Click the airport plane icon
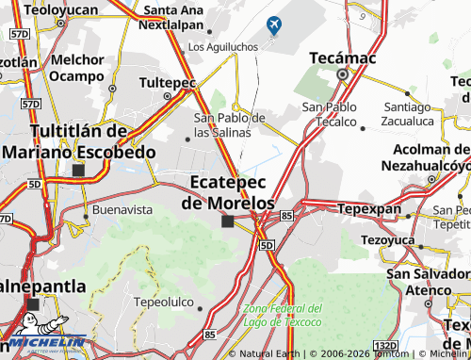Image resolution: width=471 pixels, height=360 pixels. tap(274, 25)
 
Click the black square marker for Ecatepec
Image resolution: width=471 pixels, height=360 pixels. tap(227, 222)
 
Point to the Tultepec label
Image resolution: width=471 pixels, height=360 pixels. tap(167, 83)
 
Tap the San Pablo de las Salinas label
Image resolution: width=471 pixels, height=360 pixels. tap(230, 124)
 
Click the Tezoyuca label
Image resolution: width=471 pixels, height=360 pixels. tap(389, 239)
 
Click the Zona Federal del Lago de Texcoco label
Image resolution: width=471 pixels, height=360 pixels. tap(283, 315)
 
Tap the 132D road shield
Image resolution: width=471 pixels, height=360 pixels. tap(384, 346)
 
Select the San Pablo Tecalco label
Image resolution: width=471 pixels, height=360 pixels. tap(329, 114)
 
